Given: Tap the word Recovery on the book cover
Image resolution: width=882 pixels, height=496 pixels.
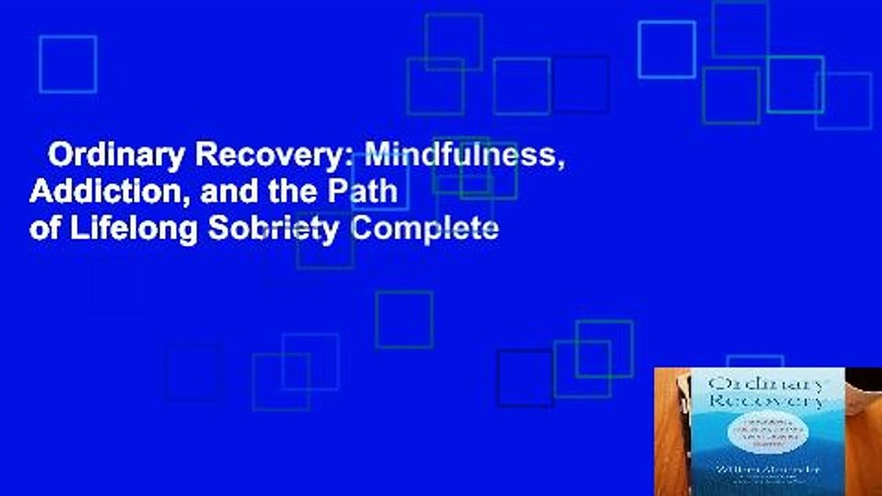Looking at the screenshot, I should (x=766, y=401).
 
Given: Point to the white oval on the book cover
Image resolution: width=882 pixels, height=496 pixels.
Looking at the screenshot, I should (x=767, y=435).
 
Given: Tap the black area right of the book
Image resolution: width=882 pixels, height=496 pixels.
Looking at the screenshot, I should (x=864, y=386).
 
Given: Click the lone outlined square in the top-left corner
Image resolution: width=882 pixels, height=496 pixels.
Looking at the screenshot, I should (x=68, y=64).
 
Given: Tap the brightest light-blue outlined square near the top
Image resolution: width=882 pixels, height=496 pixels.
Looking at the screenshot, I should (x=666, y=50).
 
